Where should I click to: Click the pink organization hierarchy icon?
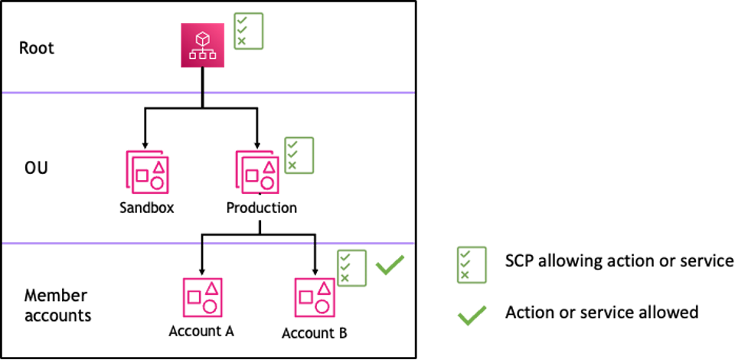pyautogui.click(x=203, y=45)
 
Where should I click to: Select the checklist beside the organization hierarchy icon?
pyautogui.click(x=249, y=31)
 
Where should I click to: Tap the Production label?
pyautogui.click(x=261, y=208)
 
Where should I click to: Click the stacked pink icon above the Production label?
pyautogui.click(x=256, y=172)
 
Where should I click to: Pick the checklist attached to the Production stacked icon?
pyautogui.click(x=299, y=155)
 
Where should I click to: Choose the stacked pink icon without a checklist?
pyautogui.click(x=147, y=172)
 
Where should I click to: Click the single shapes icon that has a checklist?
pyautogui.click(x=315, y=297)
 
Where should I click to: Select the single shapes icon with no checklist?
pyautogui.click(x=202, y=297)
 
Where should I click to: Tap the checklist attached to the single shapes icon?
pyautogui.click(x=352, y=268)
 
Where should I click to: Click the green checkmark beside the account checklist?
pyautogui.click(x=390, y=265)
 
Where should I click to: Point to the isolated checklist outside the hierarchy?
pyautogui.click(x=472, y=265)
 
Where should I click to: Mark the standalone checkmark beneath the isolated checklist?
pyautogui.click(x=472, y=315)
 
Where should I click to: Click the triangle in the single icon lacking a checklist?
pyautogui.click(x=211, y=289)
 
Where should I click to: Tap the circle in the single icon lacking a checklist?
pyautogui.click(x=210, y=307)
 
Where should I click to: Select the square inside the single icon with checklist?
pyautogui.click(x=306, y=296)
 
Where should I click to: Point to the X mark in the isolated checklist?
pyautogui.click(x=464, y=275)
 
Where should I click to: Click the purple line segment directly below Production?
pyautogui.click(x=258, y=244)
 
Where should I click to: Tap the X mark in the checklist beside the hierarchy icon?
pyautogui.click(x=242, y=41)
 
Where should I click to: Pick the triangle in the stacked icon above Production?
pyautogui.click(x=269, y=166)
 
